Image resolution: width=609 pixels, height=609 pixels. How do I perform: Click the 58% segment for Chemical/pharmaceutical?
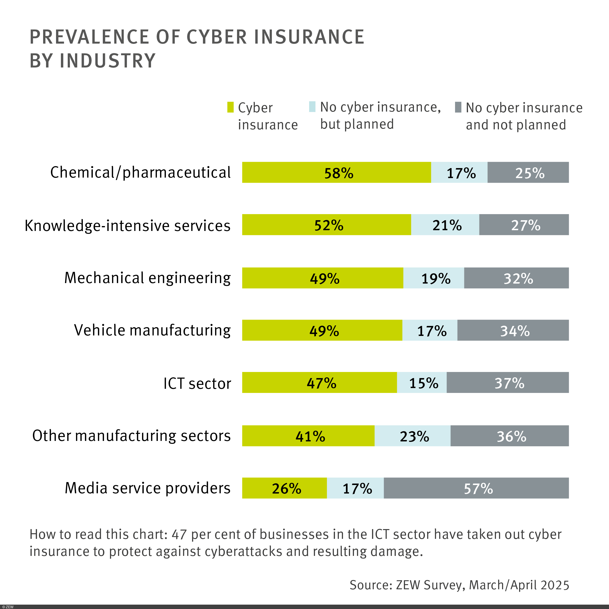pos(336,172)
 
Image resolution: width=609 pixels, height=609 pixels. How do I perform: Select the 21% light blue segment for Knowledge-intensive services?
pos(445,225)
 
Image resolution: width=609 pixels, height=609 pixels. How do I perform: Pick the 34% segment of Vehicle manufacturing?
pos(513,330)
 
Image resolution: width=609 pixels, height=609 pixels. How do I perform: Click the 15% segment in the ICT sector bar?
pos(421,382)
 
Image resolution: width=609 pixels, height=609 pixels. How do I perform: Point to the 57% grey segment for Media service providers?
pos(476,488)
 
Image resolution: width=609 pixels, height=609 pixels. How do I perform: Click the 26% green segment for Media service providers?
pos(284,488)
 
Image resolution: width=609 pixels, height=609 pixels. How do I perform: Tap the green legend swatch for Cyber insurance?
pos(230,107)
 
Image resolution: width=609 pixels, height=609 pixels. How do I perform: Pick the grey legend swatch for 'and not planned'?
pos(458,107)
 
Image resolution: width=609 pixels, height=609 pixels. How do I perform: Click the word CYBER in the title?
pos(217,37)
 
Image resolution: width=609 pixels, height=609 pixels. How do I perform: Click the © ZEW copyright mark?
pos(8,607)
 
